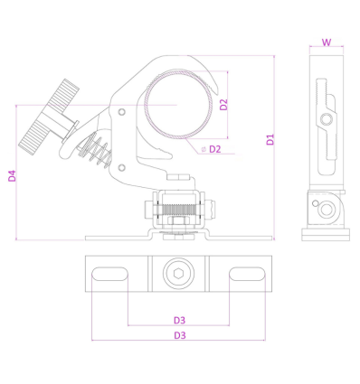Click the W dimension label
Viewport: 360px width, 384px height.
coord(327,42)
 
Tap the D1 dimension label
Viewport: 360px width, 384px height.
coord(270,140)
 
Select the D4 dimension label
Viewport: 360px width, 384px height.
coord(12,176)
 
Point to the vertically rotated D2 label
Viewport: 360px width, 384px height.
coord(223,105)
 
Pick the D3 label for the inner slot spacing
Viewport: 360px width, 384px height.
coord(179,320)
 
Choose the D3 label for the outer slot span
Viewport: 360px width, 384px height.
coord(180,335)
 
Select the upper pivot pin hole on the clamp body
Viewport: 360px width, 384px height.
coord(121,112)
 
